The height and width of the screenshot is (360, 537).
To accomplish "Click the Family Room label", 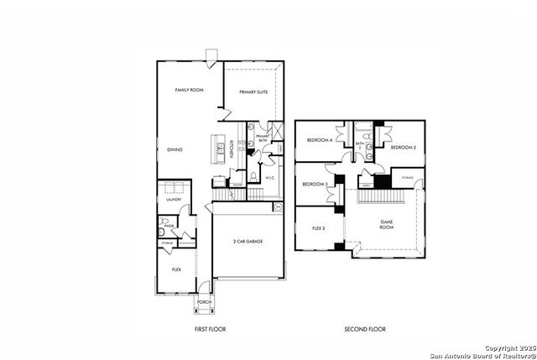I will [x=189, y=90].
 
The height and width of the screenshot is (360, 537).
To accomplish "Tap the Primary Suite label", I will [x=253, y=92].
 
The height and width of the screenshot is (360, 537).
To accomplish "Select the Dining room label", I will [x=175, y=149].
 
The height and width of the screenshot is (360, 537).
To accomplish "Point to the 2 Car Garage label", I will [x=248, y=241].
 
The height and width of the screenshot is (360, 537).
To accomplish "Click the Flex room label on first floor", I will [x=176, y=269].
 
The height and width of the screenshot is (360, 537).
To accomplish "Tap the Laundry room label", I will [x=174, y=200].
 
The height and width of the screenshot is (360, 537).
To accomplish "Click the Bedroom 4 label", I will [x=319, y=139].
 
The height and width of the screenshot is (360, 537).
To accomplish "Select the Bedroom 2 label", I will [x=403, y=147].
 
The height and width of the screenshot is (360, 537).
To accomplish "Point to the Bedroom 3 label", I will [x=315, y=184].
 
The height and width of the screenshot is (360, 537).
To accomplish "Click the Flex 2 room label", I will [x=319, y=227].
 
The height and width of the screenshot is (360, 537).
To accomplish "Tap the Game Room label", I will [x=386, y=224].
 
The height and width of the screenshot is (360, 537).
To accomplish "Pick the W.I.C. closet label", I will [x=271, y=178].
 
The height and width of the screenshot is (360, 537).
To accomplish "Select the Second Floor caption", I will [x=366, y=329].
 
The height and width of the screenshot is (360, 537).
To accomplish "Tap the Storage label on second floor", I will [x=407, y=178].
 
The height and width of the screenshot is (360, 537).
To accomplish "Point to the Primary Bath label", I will [x=262, y=137].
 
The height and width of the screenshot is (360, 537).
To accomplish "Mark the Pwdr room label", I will [x=169, y=226].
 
